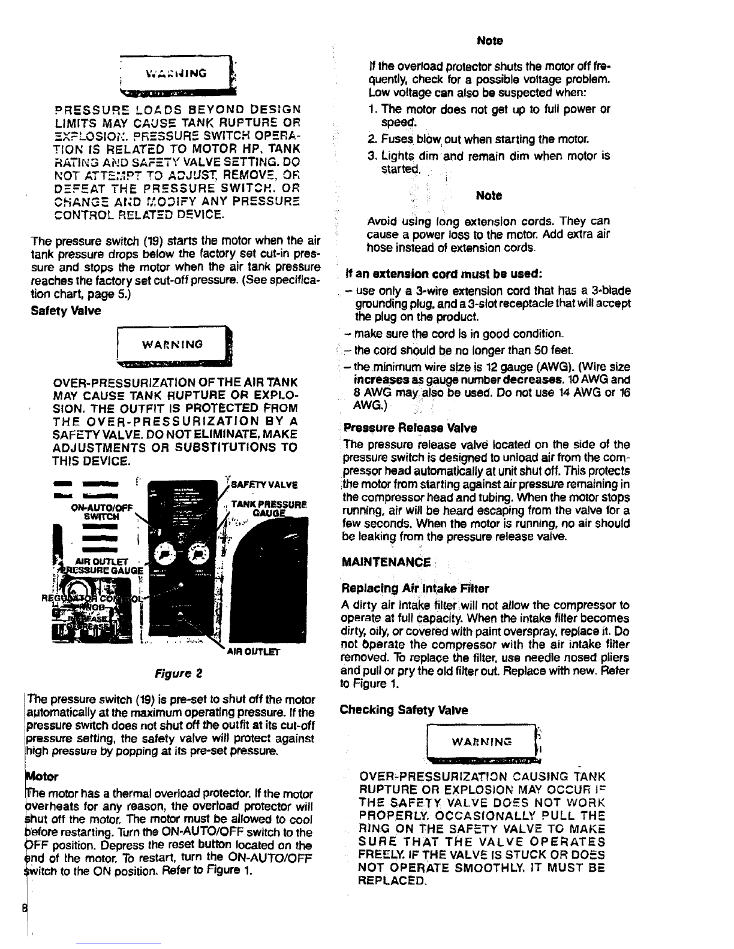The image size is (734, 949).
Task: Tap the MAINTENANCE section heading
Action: pyautogui.click(x=386, y=562)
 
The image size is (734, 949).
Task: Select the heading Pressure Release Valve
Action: pyautogui.click(x=410, y=428)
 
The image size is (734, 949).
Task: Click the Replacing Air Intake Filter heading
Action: pyautogui.click(x=415, y=588)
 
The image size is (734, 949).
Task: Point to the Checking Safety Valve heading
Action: pyautogui.click(x=404, y=710)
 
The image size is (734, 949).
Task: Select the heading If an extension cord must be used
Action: pyautogui.click(x=445, y=274)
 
